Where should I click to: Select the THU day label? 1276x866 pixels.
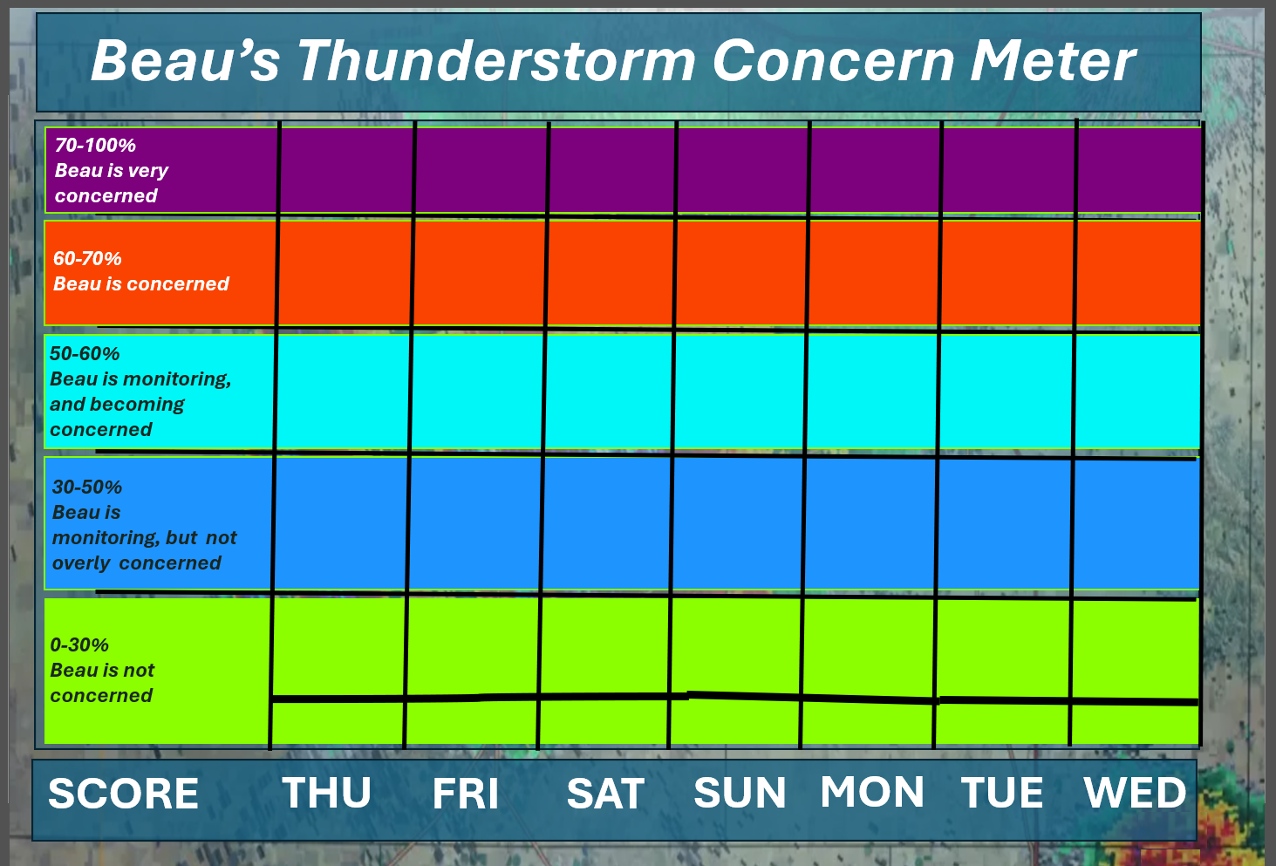327,793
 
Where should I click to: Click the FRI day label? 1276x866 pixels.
466,793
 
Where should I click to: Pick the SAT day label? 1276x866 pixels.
605,793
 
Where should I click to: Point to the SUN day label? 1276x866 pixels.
740,793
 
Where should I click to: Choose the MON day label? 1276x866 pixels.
872,791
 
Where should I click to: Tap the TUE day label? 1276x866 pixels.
1002,793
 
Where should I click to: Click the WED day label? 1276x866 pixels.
1135,793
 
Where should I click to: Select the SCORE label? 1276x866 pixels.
124,794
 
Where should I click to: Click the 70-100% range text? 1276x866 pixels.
95,146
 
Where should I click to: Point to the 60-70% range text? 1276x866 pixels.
87,259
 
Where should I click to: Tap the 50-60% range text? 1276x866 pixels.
85,354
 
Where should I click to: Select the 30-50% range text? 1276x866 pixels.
86,488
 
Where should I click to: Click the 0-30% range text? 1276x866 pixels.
79,645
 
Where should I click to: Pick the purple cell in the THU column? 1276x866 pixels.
345,171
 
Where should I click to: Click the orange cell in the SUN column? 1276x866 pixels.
740,274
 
